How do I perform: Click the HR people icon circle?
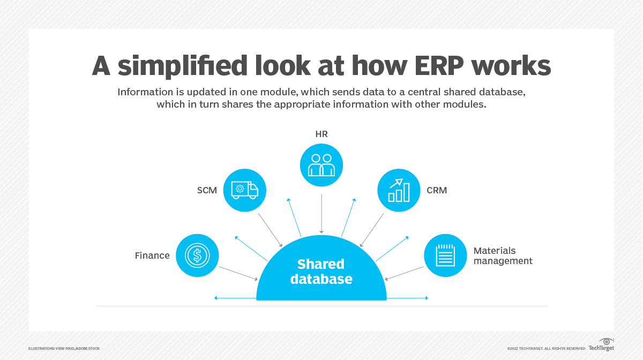(x=322, y=166)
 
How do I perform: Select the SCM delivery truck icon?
(x=244, y=190)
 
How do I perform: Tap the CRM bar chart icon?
(x=399, y=190)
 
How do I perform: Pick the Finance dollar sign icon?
(x=197, y=256)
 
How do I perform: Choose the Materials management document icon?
(x=445, y=256)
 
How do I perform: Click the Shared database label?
(x=322, y=271)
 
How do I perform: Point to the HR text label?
(x=322, y=134)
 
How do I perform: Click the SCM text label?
(x=206, y=190)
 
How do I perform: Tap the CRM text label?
(x=437, y=190)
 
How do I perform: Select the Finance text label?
(x=152, y=256)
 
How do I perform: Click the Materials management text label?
(x=503, y=256)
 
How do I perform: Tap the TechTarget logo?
(x=601, y=346)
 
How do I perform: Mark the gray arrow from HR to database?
(x=322, y=214)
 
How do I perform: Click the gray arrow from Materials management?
(x=405, y=273)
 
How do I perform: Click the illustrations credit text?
(x=64, y=349)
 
